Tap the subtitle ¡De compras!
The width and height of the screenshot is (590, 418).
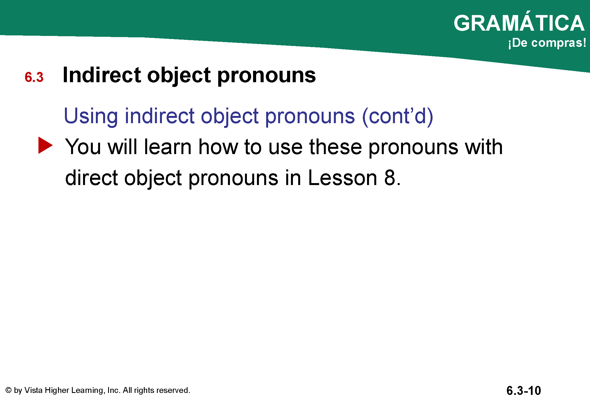pyautogui.click(x=547, y=43)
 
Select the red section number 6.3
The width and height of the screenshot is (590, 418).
pyautogui.click(x=34, y=77)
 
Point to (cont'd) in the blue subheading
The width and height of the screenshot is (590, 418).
pyautogui.click(x=397, y=116)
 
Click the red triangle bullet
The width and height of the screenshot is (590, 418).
pyautogui.click(x=45, y=145)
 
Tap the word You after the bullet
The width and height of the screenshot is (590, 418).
pyautogui.click(x=83, y=147)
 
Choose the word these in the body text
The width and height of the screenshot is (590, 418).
pyautogui.click(x=336, y=147)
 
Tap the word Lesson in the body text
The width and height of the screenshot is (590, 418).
pyautogui.click(x=343, y=178)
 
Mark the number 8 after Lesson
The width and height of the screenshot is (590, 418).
pyautogui.click(x=390, y=178)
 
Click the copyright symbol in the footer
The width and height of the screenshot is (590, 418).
pyautogui.click(x=9, y=390)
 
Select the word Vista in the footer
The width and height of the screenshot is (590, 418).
pyautogui.click(x=33, y=390)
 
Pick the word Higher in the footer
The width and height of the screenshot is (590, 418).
pyautogui.click(x=57, y=390)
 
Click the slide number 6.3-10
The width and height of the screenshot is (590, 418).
pyautogui.click(x=524, y=391)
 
